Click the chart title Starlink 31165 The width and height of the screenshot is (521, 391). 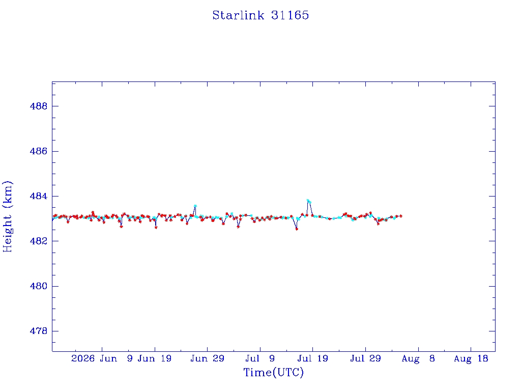pos(260,15)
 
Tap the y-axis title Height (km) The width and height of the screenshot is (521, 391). pos(8,216)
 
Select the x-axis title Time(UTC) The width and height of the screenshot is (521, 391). pos(273,372)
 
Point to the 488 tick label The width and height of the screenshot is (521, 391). pos(39,106)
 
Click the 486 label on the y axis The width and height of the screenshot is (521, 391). pos(39,151)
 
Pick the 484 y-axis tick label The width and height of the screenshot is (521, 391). pos(39,196)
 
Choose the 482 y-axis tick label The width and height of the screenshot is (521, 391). pos(39,241)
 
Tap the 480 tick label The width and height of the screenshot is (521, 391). pos(39,286)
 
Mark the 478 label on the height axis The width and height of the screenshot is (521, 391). pos(39,331)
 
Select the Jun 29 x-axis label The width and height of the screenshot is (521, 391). pos(208,358)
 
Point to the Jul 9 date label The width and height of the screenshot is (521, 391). pos(260,358)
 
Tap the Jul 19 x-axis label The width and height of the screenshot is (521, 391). pos(313,358)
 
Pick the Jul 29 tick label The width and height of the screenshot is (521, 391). pos(365,358)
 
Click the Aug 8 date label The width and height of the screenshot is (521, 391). pos(418,358)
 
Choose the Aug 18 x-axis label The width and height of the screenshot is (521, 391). pos(471,358)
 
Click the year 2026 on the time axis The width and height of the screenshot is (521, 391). pos(83,358)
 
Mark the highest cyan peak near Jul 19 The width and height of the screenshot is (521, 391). pos(308,201)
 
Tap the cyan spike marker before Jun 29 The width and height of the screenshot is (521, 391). pos(195,206)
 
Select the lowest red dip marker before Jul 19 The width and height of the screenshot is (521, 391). pos(297,229)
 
